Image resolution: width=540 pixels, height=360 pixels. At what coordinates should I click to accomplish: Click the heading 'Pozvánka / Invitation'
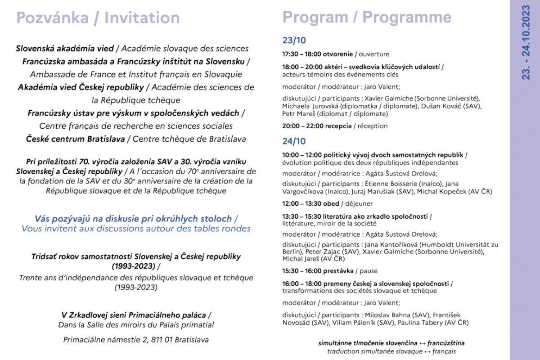pyautogui.click(x=98, y=18)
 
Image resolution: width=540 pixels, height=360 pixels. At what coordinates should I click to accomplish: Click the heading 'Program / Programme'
pyautogui.click(x=366, y=17)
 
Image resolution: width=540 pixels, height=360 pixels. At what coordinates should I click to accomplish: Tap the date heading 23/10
pyautogui.click(x=294, y=40)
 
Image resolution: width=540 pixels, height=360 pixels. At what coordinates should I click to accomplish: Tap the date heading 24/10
pyautogui.click(x=294, y=141)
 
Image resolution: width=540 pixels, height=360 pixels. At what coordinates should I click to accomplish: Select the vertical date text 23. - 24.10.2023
pyautogui.click(x=526, y=43)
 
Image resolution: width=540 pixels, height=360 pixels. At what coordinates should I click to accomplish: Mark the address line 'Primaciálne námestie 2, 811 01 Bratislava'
pyautogui.click(x=136, y=340)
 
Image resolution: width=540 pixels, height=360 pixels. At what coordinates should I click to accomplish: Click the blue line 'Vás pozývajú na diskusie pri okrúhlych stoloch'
pyautogui.click(x=133, y=219)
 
